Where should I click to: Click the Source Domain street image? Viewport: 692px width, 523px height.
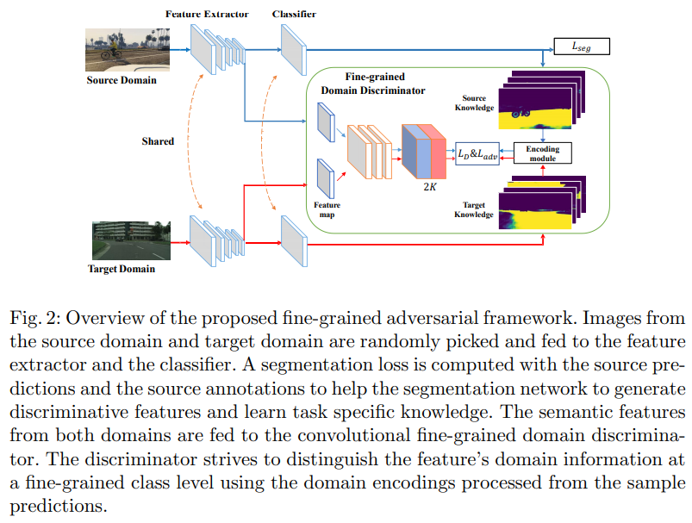[x=121, y=51]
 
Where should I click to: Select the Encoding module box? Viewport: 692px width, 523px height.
[x=543, y=153]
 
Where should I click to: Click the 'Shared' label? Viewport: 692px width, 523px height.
[x=158, y=141]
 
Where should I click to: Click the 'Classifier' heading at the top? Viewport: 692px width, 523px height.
[x=293, y=14]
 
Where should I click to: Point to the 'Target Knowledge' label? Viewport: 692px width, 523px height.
[x=474, y=209]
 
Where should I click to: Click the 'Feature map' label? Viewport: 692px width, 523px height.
[x=327, y=210]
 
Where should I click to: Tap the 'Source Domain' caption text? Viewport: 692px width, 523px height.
[x=121, y=81]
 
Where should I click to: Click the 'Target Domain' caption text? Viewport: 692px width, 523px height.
[x=122, y=269]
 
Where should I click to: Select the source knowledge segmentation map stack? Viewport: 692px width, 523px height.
[x=545, y=100]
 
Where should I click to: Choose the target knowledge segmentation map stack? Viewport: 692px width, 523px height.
[x=546, y=203]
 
